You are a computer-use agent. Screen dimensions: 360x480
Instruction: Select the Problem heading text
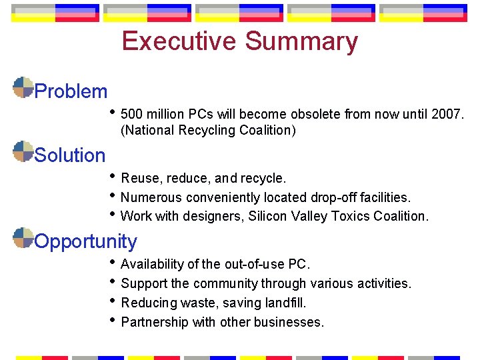(x=71, y=91)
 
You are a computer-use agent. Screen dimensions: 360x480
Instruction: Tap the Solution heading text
(x=70, y=155)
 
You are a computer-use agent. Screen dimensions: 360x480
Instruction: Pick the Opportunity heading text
(x=85, y=241)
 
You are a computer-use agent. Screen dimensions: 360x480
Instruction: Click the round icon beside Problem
(x=23, y=87)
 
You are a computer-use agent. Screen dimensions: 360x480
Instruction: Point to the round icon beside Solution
(x=23, y=151)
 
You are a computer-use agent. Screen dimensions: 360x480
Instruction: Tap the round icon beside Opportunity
(x=23, y=237)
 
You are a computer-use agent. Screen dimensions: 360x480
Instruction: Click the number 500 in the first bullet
(x=132, y=114)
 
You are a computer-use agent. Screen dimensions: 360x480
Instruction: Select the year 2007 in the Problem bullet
(x=446, y=114)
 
